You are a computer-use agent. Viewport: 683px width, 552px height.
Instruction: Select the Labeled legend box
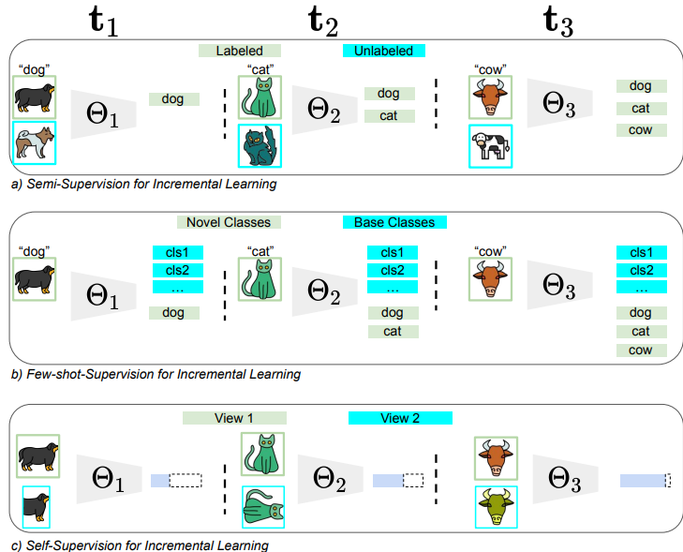[x=239, y=51]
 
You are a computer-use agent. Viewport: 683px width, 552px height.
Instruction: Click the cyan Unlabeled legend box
[x=384, y=51]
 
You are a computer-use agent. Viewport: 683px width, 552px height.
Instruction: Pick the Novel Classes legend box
[x=229, y=222]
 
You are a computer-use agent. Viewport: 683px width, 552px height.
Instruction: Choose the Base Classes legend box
[x=393, y=222]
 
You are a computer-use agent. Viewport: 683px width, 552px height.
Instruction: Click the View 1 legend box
[x=234, y=418]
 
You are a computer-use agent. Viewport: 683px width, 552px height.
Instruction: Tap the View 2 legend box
[x=400, y=418]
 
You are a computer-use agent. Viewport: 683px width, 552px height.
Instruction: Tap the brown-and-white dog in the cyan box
[x=35, y=142]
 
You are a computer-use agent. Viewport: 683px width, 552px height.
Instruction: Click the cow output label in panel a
[x=641, y=130]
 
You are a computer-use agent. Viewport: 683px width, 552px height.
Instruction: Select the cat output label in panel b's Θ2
[x=393, y=331]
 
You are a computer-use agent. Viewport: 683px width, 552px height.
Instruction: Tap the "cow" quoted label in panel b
[x=491, y=251]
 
